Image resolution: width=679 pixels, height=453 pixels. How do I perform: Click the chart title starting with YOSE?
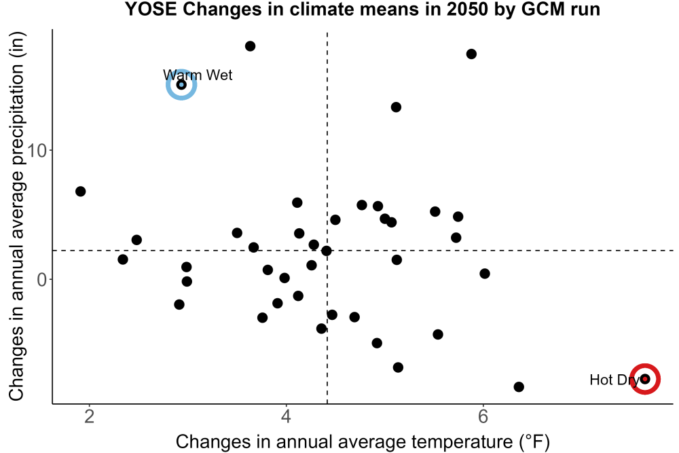363,9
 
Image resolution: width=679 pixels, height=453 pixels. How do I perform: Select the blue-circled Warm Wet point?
181,84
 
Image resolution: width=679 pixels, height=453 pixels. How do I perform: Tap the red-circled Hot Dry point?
645,379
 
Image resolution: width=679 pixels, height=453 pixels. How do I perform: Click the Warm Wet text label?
198,75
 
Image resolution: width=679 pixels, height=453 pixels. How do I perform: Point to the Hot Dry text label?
614,380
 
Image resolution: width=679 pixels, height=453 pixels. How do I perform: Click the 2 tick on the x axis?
90,416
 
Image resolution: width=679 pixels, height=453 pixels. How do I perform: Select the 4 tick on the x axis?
287,416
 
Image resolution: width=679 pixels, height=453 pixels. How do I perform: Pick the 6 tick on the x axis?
483,416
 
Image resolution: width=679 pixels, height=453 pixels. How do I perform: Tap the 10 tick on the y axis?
37,151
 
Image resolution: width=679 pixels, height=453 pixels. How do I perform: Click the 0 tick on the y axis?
42,279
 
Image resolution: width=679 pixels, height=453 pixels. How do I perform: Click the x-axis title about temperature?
363,442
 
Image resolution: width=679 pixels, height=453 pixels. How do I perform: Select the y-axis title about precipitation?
18,217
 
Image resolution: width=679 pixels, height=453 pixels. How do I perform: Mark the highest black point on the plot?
251,46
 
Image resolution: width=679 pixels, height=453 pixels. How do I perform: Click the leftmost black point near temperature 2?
81,192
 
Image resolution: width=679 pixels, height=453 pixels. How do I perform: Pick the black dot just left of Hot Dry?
519,386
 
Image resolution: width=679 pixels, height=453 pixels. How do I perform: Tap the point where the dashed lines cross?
327,251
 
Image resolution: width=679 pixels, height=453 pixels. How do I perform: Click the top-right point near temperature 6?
472,54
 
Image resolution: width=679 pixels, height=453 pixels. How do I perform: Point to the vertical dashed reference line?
327,217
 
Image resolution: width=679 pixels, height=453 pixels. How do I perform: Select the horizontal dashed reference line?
363,251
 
